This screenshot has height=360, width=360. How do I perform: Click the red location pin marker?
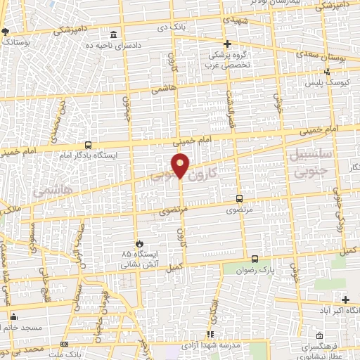tap(181, 165)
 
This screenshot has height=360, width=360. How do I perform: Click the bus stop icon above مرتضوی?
tap(240, 199)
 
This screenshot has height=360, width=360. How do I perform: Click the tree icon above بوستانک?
tap(6, 32)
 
